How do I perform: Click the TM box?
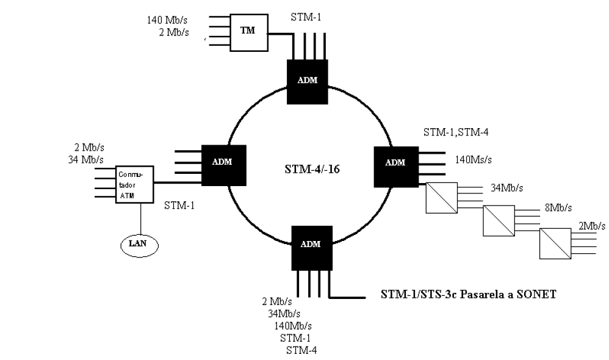(x=249, y=32)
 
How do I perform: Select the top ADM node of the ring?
(x=307, y=82)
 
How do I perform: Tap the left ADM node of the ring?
(x=224, y=165)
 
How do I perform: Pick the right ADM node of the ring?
(x=396, y=167)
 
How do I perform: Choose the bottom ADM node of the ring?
(x=312, y=248)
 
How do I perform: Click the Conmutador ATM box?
(x=135, y=184)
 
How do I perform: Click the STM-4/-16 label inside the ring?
(x=312, y=169)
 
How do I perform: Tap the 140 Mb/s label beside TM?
(x=167, y=20)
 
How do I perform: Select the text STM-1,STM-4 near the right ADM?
(x=456, y=132)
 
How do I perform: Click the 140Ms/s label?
(x=473, y=160)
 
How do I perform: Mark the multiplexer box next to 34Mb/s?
(x=442, y=198)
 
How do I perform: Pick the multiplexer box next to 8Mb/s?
(x=499, y=221)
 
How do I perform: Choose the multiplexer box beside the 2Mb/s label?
(x=555, y=243)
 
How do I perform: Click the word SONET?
(x=536, y=294)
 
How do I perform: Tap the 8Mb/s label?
(x=558, y=208)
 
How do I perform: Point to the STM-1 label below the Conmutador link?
(x=179, y=206)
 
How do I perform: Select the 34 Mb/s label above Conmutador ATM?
(x=86, y=160)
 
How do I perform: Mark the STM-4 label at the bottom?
(x=301, y=350)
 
